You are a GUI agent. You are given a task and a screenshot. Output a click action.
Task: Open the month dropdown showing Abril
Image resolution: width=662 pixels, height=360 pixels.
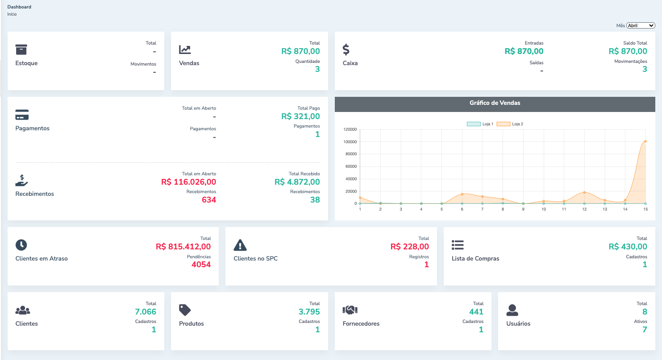point(641,25)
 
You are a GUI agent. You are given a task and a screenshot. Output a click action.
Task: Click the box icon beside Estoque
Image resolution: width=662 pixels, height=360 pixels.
point(21,49)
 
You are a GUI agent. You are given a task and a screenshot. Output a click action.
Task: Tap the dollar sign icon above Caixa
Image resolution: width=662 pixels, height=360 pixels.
point(346,49)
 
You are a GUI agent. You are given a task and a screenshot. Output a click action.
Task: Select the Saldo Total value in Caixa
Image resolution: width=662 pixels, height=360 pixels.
point(628,51)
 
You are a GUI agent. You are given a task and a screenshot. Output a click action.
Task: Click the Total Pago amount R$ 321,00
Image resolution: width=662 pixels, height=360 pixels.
point(300,116)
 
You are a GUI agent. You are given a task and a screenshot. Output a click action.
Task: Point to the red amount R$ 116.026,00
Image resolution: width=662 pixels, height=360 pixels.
point(188,182)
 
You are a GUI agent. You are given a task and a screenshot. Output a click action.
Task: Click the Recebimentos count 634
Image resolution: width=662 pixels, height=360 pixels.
point(209,200)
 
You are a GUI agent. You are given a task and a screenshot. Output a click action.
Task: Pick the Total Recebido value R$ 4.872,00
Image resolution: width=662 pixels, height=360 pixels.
point(297,182)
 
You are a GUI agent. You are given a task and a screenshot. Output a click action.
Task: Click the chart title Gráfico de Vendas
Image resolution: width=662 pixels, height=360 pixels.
point(495,103)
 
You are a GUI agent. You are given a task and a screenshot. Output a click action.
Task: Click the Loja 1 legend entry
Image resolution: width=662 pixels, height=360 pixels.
point(480,124)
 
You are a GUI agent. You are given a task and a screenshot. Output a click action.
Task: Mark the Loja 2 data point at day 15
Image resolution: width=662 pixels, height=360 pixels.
point(645,141)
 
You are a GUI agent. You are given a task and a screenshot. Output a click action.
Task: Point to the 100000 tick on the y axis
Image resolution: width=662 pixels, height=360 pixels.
point(350,142)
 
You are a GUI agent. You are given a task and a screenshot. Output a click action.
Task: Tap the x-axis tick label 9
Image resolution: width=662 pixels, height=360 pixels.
point(523,209)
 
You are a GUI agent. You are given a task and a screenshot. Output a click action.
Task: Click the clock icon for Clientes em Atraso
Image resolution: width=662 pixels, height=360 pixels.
point(21,244)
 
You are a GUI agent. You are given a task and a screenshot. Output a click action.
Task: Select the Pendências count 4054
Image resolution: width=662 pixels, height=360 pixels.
point(201,265)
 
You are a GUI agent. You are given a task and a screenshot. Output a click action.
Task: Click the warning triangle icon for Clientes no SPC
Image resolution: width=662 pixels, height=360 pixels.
point(240,245)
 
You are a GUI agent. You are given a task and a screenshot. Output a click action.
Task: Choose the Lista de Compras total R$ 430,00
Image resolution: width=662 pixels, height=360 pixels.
point(628,247)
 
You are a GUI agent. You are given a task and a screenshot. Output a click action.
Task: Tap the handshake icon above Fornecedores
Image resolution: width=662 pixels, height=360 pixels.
point(350,310)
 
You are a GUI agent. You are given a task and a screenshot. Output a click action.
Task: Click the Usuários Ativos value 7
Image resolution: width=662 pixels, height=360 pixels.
point(645,330)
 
